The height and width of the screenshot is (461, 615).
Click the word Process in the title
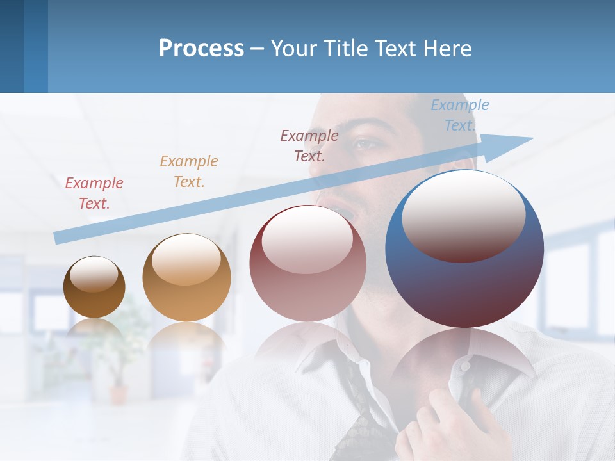(x=201, y=48)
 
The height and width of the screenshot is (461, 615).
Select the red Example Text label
(x=94, y=193)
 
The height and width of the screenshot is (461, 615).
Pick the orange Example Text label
(x=189, y=171)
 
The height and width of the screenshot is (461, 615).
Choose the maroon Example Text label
(x=309, y=145)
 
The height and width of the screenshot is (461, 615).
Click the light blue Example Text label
(x=459, y=115)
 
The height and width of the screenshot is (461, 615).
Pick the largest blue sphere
(x=464, y=282)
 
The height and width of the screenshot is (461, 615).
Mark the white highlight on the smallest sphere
(x=94, y=274)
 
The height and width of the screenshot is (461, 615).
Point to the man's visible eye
(x=367, y=144)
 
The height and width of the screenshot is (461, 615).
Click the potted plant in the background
(x=119, y=359)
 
